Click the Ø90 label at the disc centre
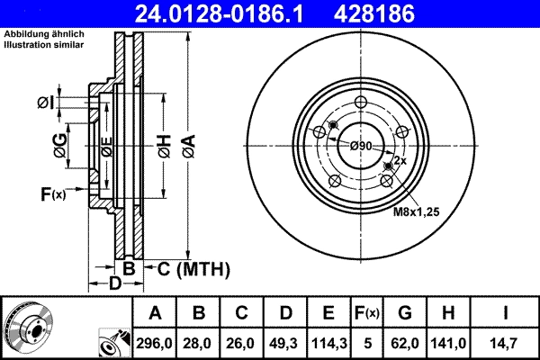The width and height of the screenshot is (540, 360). (361, 146)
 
